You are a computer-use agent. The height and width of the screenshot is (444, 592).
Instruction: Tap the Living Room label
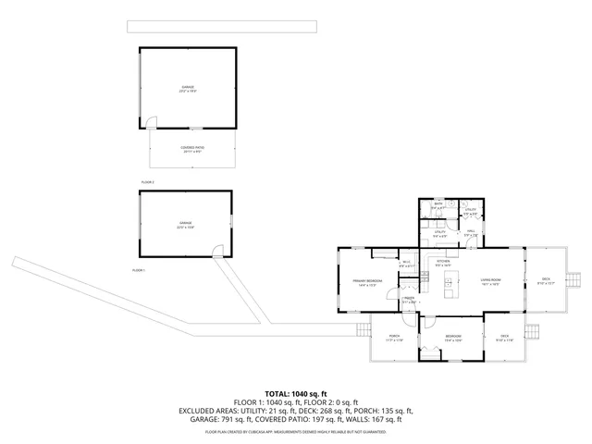(489, 282)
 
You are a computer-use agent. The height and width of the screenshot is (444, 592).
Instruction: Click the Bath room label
(438, 207)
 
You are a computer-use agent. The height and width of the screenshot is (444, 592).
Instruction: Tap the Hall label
(470, 232)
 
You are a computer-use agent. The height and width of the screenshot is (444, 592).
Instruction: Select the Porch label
(393, 338)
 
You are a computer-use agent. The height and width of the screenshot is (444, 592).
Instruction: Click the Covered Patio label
(191, 149)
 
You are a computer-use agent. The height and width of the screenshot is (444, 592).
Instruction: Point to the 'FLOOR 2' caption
(148, 182)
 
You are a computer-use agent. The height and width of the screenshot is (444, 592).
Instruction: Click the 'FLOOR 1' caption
(140, 269)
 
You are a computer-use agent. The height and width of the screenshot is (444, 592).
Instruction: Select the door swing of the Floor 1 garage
(216, 250)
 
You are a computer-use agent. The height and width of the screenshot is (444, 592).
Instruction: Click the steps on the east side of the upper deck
(573, 279)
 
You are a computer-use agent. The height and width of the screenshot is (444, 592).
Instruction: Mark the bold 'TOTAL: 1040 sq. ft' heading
(296, 394)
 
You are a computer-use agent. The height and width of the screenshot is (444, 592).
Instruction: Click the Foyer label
(408, 300)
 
